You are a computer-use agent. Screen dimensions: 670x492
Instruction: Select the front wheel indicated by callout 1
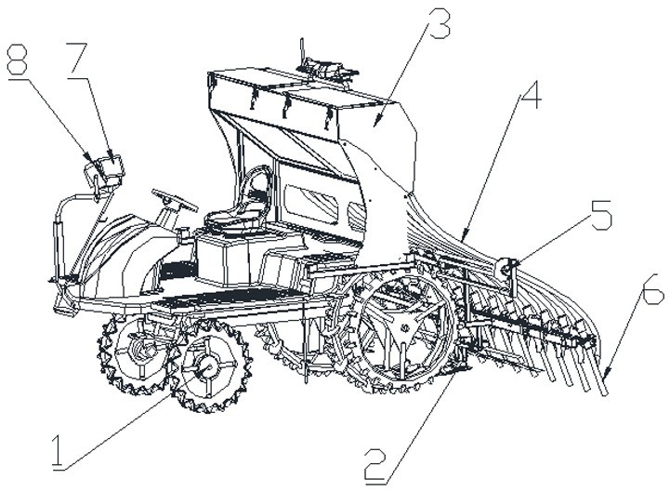coord(208,368)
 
